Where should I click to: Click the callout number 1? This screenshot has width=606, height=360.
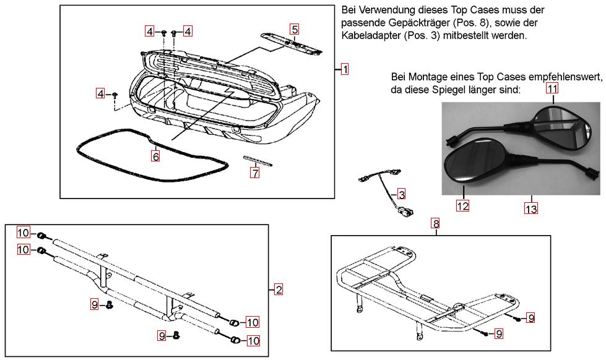pyautogui.click(x=345, y=69)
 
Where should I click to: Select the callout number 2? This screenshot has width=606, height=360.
pyautogui.click(x=279, y=289)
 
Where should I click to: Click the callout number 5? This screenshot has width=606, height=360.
pyautogui.click(x=295, y=29)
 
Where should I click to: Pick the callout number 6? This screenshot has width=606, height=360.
pyautogui.click(x=155, y=156)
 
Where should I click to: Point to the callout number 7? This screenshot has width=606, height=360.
pyautogui.click(x=254, y=173)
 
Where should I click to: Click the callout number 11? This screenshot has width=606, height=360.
pyautogui.click(x=552, y=88)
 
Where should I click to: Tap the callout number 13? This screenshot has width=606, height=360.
pyautogui.click(x=531, y=208)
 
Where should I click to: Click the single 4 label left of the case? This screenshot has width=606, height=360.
pyautogui.click(x=100, y=93)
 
